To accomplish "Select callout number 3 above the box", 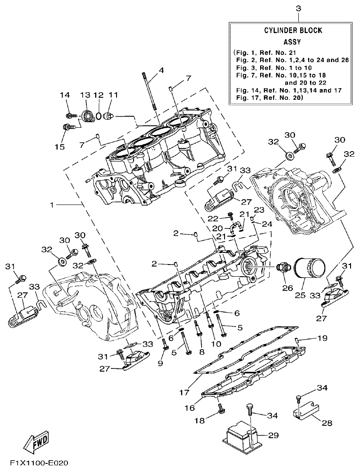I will point(298,8).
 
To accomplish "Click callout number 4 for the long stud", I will point(161,70).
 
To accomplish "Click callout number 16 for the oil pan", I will point(189,408).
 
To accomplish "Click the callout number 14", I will point(65,95).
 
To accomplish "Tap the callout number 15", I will point(59,147).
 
